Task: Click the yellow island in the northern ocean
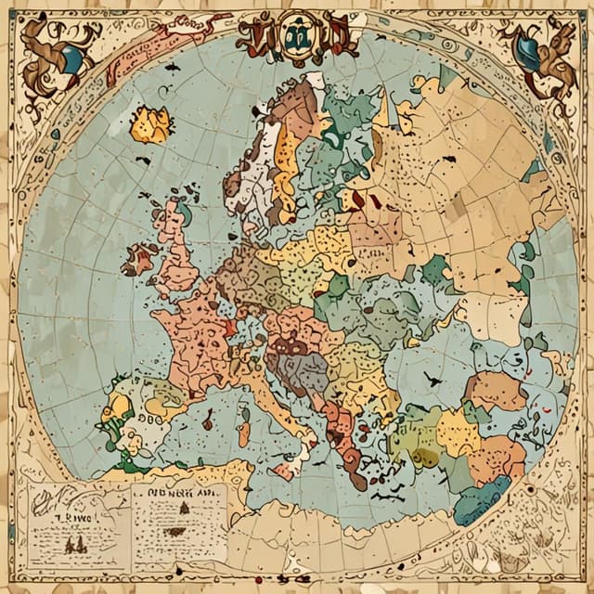tap(149, 124)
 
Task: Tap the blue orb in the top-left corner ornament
tap(71, 59)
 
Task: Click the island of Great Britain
tap(175, 247)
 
